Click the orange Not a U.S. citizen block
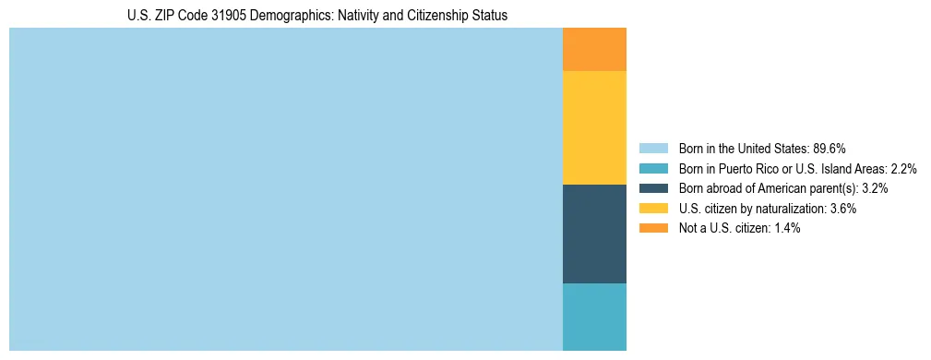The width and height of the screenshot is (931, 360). (594, 49)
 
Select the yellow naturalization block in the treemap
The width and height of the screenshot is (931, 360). (594, 127)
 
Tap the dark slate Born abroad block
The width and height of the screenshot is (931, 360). (594, 234)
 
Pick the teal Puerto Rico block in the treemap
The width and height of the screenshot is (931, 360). (594, 317)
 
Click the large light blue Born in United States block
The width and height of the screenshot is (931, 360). (286, 189)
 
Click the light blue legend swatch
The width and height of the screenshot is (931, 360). (653, 149)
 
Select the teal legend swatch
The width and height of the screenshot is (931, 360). (653, 169)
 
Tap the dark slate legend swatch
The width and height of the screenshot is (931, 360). (653, 188)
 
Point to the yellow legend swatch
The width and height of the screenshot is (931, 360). (653, 209)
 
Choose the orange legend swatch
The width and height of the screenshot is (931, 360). (653, 228)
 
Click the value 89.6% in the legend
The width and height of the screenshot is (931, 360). (830, 149)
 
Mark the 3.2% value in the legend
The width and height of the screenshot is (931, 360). (873, 188)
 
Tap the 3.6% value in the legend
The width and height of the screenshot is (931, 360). (841, 209)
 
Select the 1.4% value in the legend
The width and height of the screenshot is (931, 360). (784, 228)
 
